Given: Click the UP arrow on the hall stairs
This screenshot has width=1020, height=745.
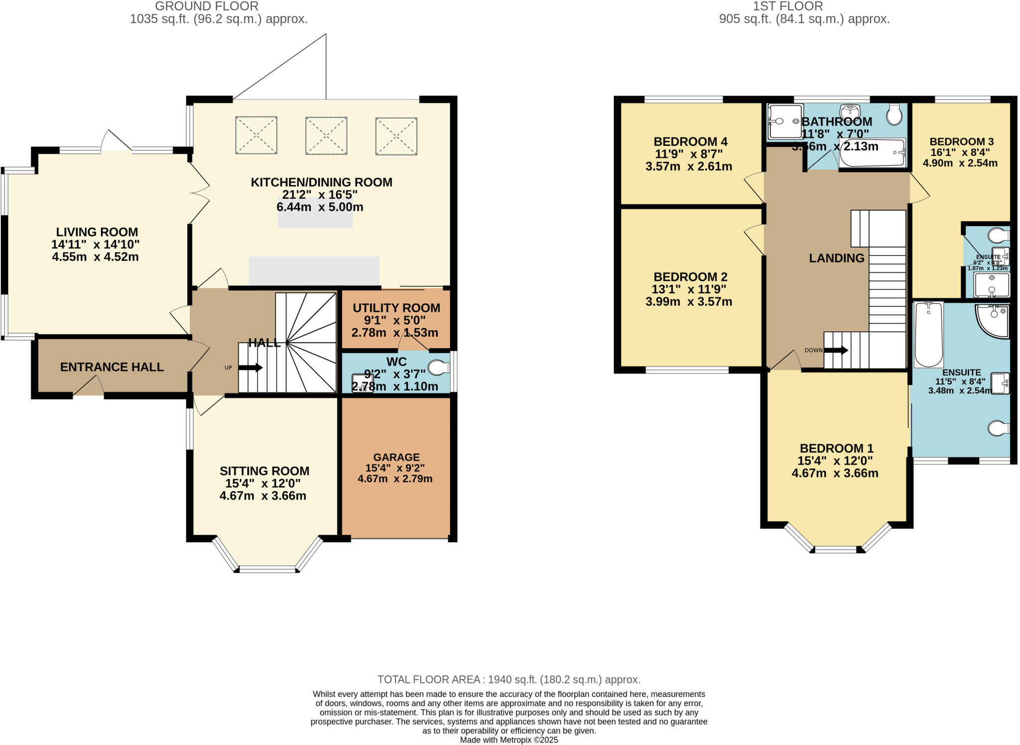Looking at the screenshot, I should (x=251, y=368).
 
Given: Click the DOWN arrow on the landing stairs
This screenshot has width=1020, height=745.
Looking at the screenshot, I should (x=836, y=350).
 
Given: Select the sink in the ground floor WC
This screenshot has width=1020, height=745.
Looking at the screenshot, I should (x=362, y=383).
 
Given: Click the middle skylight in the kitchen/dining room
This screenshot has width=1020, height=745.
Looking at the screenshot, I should (x=326, y=135).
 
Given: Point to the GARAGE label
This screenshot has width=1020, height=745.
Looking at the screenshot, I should (x=396, y=457).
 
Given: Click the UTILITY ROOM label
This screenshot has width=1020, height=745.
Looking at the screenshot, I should (x=396, y=308).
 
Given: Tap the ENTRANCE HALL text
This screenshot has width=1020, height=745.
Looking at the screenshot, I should (x=112, y=367).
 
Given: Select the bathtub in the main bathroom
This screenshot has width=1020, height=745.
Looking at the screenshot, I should (x=872, y=152).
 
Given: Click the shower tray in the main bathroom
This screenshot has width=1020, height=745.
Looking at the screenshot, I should (x=785, y=122).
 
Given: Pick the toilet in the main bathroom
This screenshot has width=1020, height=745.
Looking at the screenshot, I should (x=894, y=115).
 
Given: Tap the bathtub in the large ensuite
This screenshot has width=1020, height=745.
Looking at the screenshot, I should (x=929, y=334).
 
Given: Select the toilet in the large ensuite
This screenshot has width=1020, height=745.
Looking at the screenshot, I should (x=999, y=428).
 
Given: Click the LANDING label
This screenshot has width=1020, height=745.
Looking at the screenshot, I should (x=836, y=258).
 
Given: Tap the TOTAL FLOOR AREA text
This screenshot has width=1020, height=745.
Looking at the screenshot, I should (x=509, y=679).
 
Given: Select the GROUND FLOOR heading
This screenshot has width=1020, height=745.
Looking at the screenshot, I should (x=207, y=6).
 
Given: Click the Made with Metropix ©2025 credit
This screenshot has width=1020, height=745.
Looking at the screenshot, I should (x=509, y=740).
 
